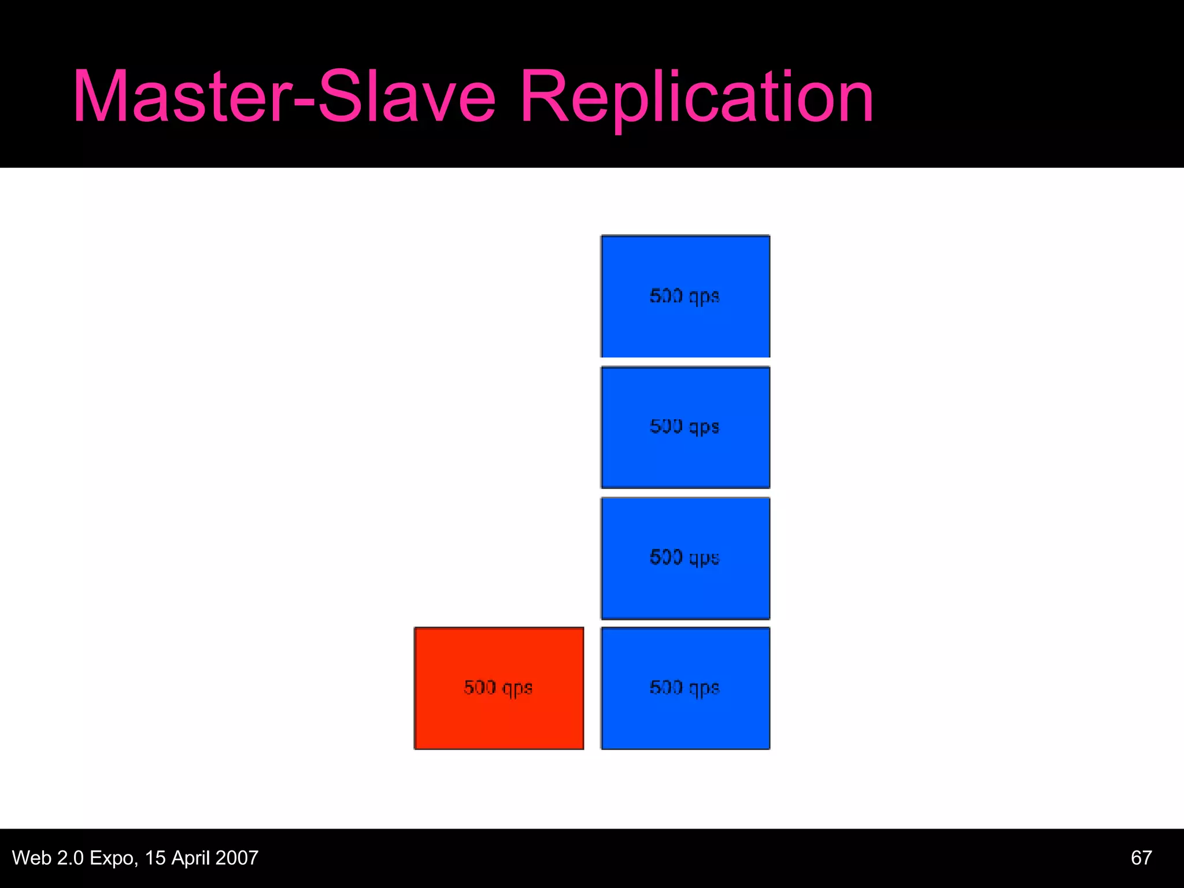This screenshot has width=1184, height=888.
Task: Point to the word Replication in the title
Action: click(697, 97)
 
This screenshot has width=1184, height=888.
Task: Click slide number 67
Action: click(1141, 857)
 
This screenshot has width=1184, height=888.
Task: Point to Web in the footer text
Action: click(32, 857)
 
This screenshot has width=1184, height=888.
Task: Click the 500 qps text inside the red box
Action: click(498, 688)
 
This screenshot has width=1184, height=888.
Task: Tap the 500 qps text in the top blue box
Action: click(684, 296)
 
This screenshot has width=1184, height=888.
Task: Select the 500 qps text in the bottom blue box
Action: click(684, 688)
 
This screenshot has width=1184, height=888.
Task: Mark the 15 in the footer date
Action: click(155, 857)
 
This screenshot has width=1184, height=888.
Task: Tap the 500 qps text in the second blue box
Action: click(684, 427)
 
